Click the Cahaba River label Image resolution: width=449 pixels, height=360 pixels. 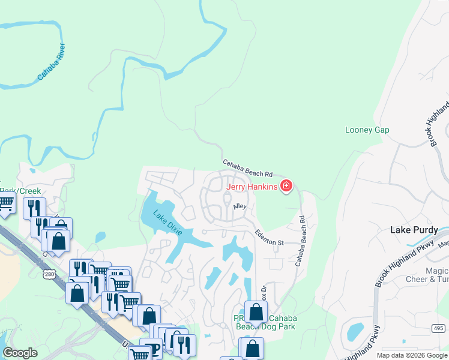click(52, 61)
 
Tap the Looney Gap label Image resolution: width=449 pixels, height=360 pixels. click(367, 130)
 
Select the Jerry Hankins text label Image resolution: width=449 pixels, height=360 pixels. click(252, 187)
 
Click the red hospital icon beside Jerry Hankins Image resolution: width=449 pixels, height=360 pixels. click(286, 186)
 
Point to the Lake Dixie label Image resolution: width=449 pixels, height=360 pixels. click(167, 223)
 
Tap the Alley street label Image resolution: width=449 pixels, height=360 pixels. click(240, 206)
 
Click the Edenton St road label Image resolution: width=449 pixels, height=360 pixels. click(268, 237)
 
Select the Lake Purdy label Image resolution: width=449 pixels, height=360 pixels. click(414, 230)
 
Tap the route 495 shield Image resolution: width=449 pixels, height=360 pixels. click(439, 328)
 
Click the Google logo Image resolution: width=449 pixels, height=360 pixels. click(20, 352)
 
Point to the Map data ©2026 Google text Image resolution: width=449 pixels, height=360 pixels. click(412, 355)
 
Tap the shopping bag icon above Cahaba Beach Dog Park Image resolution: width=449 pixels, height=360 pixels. click(256, 311)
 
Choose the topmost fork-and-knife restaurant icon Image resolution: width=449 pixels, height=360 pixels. click(34, 208)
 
